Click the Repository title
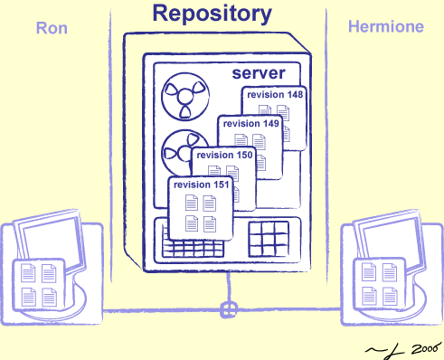point(211,14)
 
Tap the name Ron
point(52,27)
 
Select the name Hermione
point(386,27)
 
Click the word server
point(259,72)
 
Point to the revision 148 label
point(273,94)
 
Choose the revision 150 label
point(225,155)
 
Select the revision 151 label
point(200,185)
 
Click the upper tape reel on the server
point(184,98)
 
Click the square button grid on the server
point(269,240)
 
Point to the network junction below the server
point(228,309)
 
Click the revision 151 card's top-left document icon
point(192,202)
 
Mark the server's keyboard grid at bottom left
point(194,247)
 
